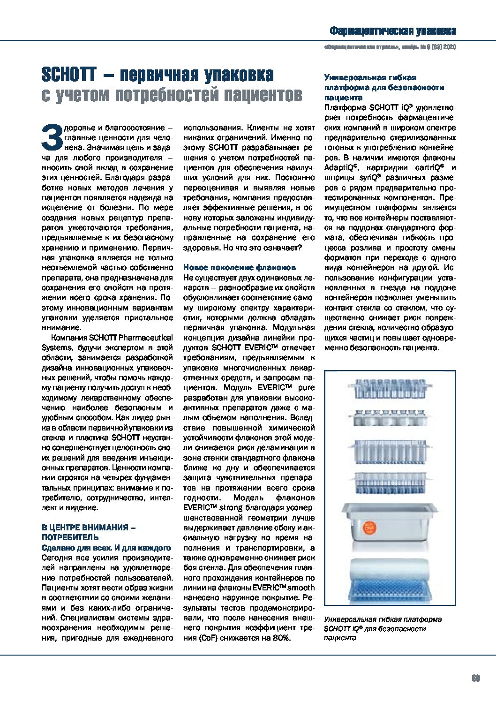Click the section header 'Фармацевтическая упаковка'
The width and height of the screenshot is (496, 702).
[x=392, y=31]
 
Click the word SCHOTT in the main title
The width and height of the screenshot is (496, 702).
[x=69, y=75]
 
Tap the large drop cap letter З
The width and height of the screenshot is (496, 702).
[x=52, y=137]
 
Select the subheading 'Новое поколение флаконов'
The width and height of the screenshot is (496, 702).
[x=239, y=267]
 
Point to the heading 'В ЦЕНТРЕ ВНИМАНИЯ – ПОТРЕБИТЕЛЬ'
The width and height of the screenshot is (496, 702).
[x=89, y=532]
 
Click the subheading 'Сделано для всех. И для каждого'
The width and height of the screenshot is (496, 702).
[x=106, y=548]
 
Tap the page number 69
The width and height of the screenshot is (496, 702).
[x=476, y=678]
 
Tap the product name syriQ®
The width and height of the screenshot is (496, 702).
[x=370, y=178]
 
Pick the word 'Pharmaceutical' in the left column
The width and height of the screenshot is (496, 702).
[x=145, y=338]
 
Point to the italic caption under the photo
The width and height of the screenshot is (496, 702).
[x=382, y=628]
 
